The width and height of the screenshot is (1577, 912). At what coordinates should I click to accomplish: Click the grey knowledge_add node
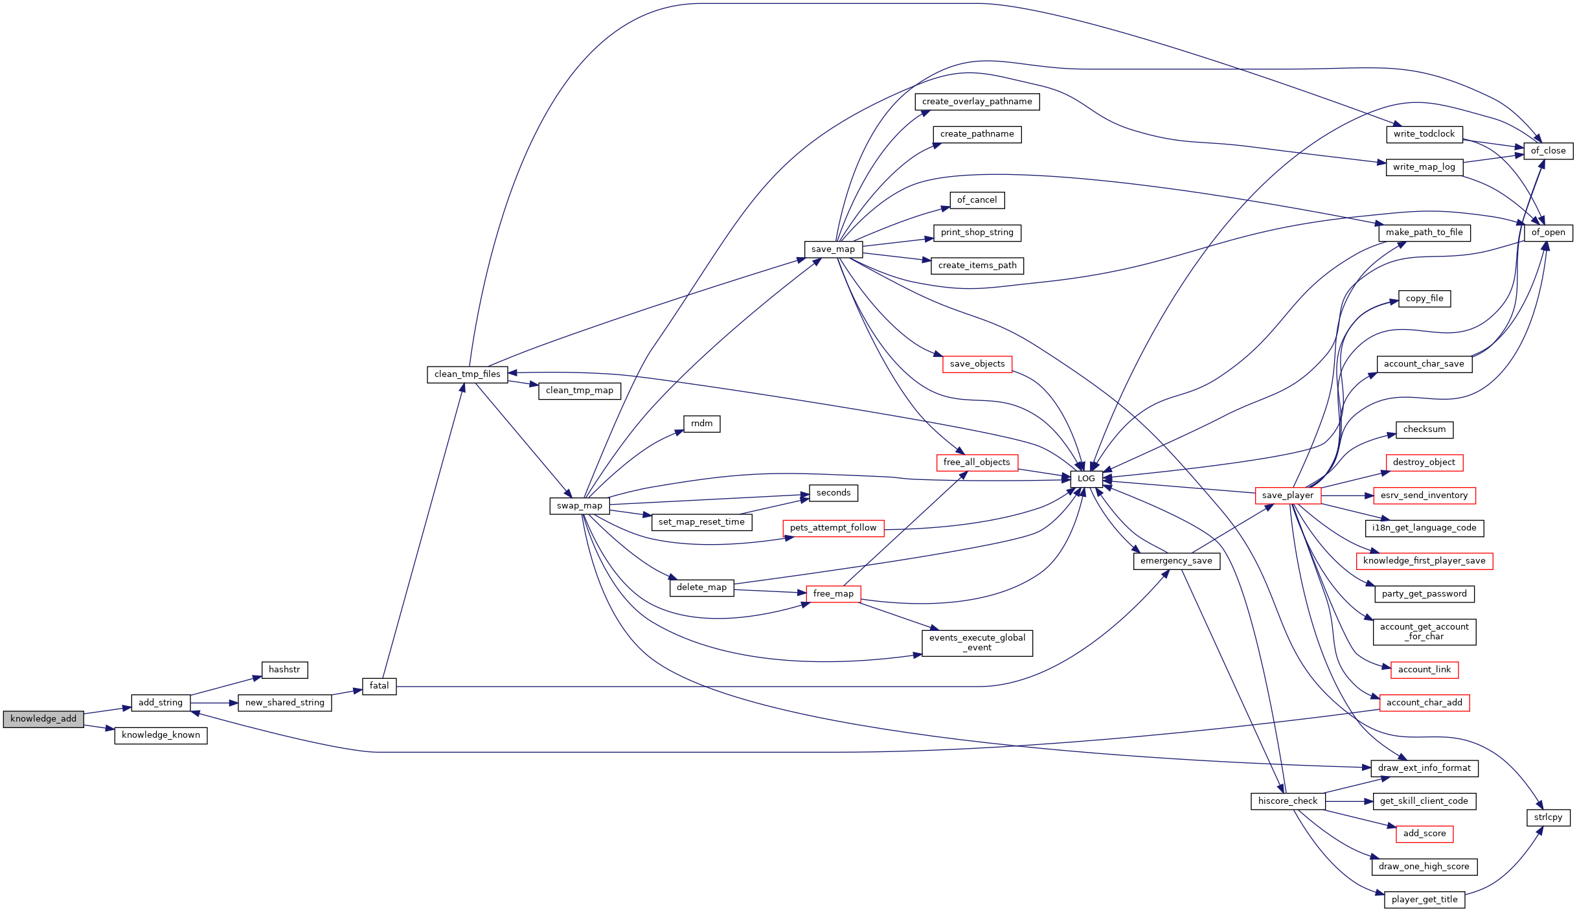(x=43, y=719)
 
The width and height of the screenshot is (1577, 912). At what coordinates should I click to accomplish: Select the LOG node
(x=1086, y=479)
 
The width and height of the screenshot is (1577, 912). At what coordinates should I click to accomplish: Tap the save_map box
(x=833, y=249)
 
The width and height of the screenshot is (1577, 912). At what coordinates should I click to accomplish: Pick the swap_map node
(x=580, y=506)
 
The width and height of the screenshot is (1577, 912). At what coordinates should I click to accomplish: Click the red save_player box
(x=1288, y=496)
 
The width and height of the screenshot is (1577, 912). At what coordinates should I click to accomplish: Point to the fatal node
(x=380, y=686)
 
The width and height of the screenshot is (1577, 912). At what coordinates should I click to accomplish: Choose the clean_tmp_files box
(x=468, y=374)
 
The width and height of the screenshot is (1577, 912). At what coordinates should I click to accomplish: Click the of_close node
(x=1548, y=151)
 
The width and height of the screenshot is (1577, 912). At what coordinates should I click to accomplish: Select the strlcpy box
(x=1548, y=817)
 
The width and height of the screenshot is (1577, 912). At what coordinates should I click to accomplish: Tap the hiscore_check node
(x=1288, y=801)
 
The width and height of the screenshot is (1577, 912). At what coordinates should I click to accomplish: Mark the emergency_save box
(x=1177, y=561)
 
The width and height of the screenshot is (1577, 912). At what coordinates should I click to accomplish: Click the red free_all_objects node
(x=977, y=462)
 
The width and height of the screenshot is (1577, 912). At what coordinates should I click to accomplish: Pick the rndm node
(x=702, y=424)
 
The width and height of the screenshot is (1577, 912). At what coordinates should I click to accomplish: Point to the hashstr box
(x=284, y=670)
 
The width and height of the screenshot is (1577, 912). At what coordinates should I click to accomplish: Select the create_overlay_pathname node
(x=977, y=102)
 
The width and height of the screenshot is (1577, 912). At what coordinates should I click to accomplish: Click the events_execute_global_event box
(x=977, y=643)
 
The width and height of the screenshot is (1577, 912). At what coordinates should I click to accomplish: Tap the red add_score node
(x=1425, y=834)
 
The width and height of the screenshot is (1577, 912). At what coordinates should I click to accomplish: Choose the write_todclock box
(x=1424, y=134)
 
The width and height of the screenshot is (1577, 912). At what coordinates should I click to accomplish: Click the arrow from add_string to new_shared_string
(x=214, y=703)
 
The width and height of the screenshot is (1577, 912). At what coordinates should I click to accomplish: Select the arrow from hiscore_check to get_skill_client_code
(x=1349, y=801)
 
